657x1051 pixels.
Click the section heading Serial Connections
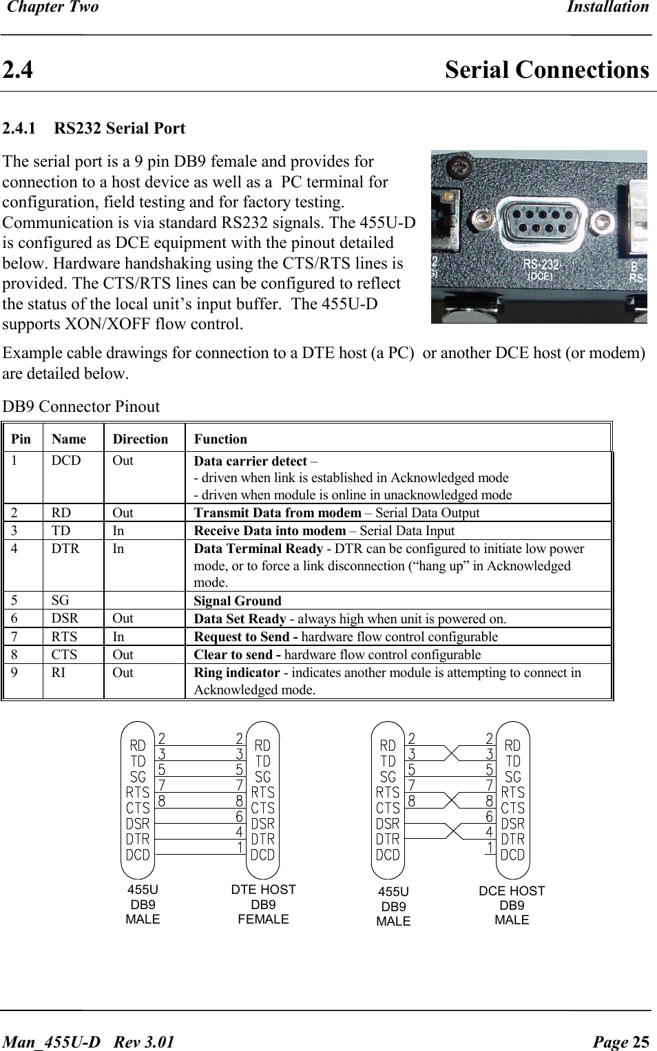(546, 70)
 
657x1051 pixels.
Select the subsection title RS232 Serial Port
(119, 129)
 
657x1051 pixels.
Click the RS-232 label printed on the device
(541, 264)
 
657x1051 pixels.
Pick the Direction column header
(140, 439)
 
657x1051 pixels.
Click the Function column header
(220, 439)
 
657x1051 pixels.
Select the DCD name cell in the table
(66, 461)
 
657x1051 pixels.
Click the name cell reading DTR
(65, 549)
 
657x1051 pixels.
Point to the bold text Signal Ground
(238, 601)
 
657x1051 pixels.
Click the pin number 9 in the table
(14, 673)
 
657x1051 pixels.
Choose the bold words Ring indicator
(237, 673)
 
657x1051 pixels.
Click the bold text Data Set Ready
(240, 619)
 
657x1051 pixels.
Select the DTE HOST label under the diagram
(263, 890)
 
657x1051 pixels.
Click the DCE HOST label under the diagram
(512, 891)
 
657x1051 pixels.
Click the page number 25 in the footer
(640, 1042)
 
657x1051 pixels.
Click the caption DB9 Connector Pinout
(81, 407)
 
